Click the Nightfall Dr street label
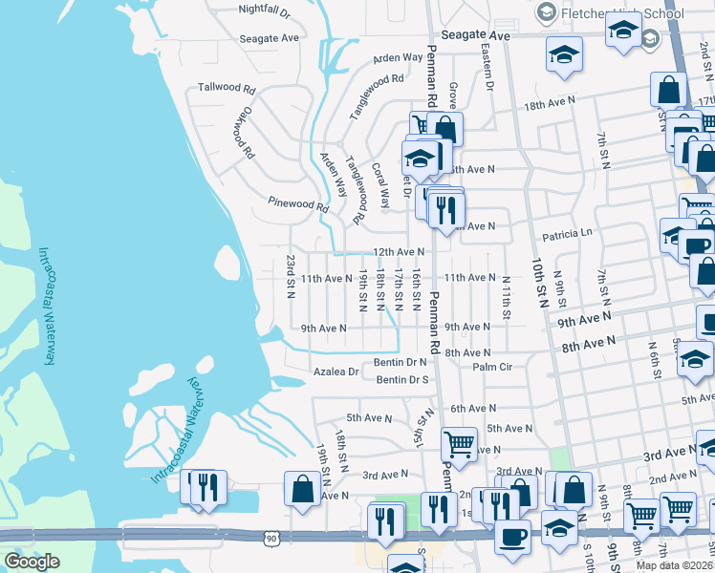(x=265, y=10)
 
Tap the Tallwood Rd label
(x=227, y=87)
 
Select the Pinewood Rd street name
(x=298, y=203)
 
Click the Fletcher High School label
(x=622, y=13)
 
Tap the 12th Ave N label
(x=398, y=252)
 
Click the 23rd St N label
(x=291, y=276)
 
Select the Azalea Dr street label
(x=336, y=371)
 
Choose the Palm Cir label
(x=492, y=367)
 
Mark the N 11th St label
(x=506, y=296)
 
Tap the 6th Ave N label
(x=473, y=408)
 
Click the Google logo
(x=32, y=562)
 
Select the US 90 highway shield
(x=271, y=540)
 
